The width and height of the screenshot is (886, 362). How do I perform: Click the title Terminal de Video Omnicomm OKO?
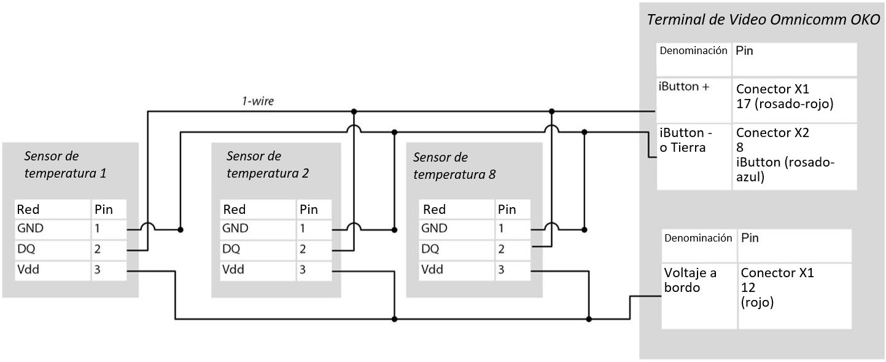tap(763, 19)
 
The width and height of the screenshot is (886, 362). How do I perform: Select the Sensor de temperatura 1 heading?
tap(65, 165)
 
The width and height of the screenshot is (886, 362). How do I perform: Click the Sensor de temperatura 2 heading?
tap(267, 165)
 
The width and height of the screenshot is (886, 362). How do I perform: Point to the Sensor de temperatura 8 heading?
tap(454, 166)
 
